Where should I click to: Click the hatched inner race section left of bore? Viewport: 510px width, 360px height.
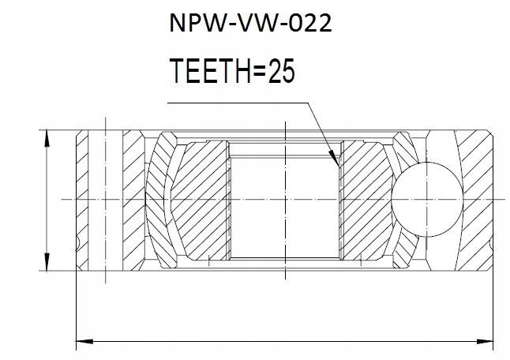tap(197, 197)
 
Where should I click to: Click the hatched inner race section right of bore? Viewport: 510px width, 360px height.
tap(367, 197)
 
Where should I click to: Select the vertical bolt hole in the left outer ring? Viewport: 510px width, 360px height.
tap(103, 197)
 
